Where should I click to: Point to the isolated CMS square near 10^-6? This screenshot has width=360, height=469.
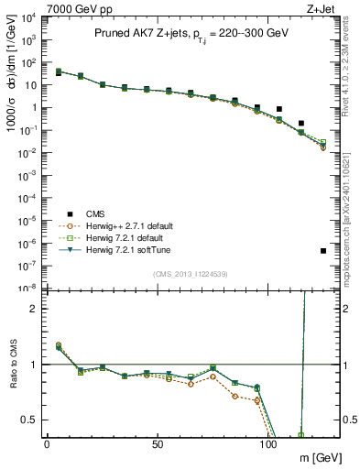click(x=323, y=250)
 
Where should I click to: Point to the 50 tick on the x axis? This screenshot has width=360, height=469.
click(x=158, y=444)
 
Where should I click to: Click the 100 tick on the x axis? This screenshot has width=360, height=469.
click(x=268, y=444)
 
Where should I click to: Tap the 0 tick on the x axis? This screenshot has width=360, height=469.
click(x=47, y=444)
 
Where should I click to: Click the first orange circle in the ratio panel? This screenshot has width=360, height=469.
click(x=58, y=345)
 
